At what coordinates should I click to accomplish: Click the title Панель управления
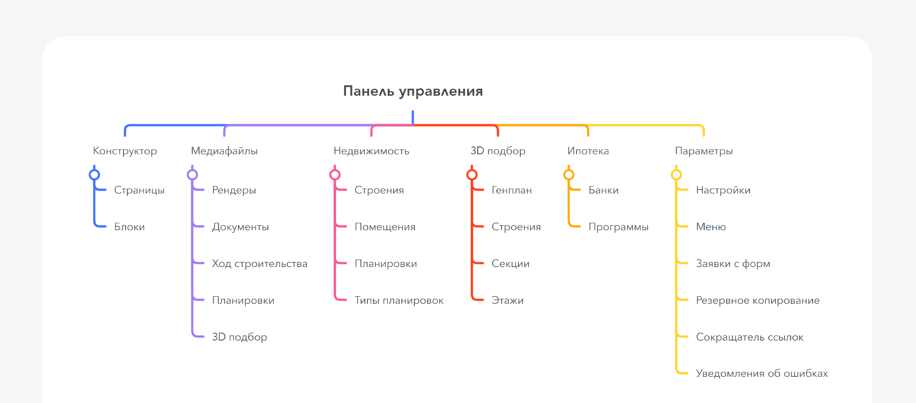pos(413,92)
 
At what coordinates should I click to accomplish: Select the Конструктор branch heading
pos(124,151)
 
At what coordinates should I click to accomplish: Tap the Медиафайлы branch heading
pos(224,151)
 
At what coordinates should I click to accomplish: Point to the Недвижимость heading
pos(371,151)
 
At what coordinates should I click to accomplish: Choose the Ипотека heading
pos(588,151)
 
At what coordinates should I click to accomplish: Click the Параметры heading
pos(703,151)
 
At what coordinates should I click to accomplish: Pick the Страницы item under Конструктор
pos(139,191)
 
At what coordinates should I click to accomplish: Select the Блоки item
pos(129,227)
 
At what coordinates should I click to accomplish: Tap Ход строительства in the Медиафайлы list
pos(260,264)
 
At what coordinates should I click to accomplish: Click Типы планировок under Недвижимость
pos(399,301)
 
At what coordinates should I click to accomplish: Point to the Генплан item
pos(511,191)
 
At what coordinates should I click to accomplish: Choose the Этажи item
pos(507,301)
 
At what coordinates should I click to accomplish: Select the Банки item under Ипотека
pos(603,191)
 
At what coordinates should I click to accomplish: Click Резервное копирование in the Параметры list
pos(757,301)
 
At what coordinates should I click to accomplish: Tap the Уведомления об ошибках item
pos(762,374)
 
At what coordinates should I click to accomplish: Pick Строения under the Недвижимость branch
pos(379,191)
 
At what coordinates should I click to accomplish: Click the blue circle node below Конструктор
pos(94,175)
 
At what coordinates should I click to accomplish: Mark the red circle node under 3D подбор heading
pos(472,175)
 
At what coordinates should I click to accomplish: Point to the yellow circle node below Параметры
pos(676,175)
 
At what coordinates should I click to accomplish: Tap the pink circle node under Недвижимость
pos(335,175)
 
